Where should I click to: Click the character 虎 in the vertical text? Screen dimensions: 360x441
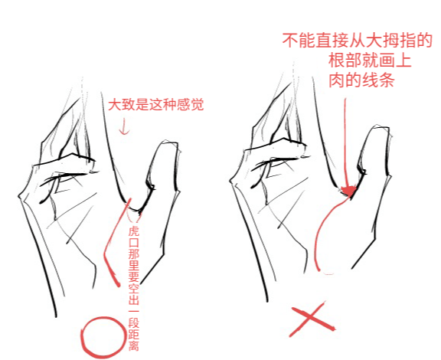133,231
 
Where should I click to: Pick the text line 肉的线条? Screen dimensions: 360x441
361,79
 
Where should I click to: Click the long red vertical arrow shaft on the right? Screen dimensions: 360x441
346,138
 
